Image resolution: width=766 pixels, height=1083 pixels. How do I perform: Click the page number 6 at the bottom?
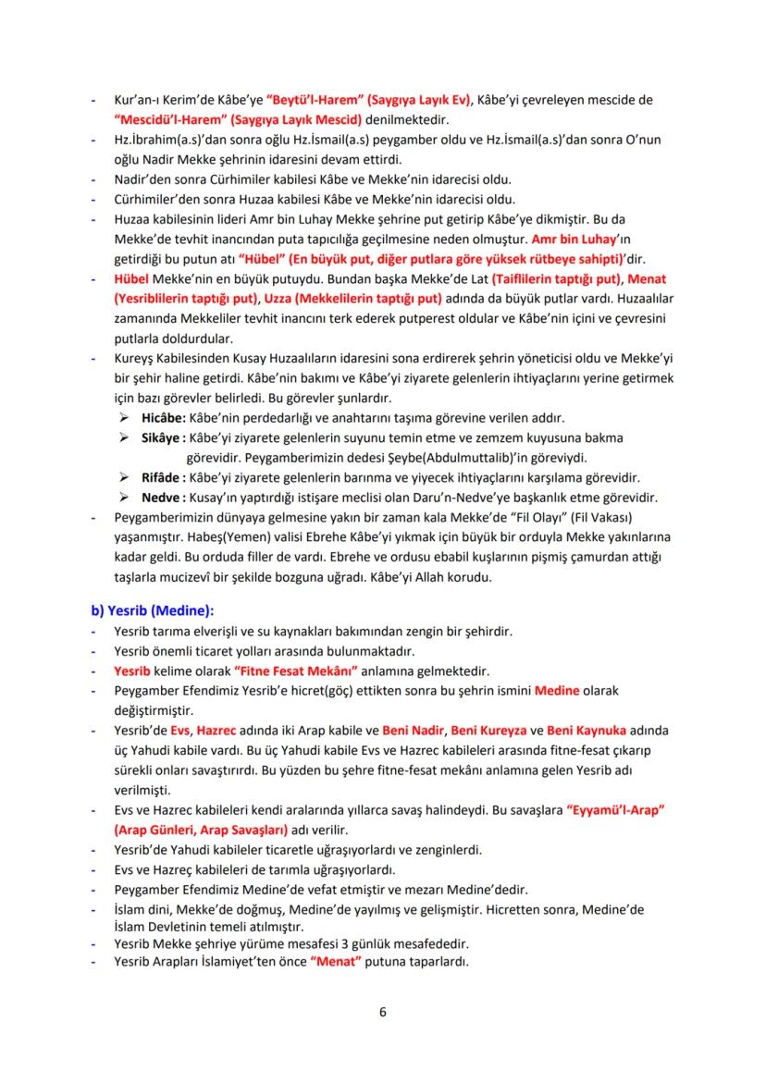pos(383,1010)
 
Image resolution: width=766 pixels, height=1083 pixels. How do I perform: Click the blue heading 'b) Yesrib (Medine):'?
pos(151,610)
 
